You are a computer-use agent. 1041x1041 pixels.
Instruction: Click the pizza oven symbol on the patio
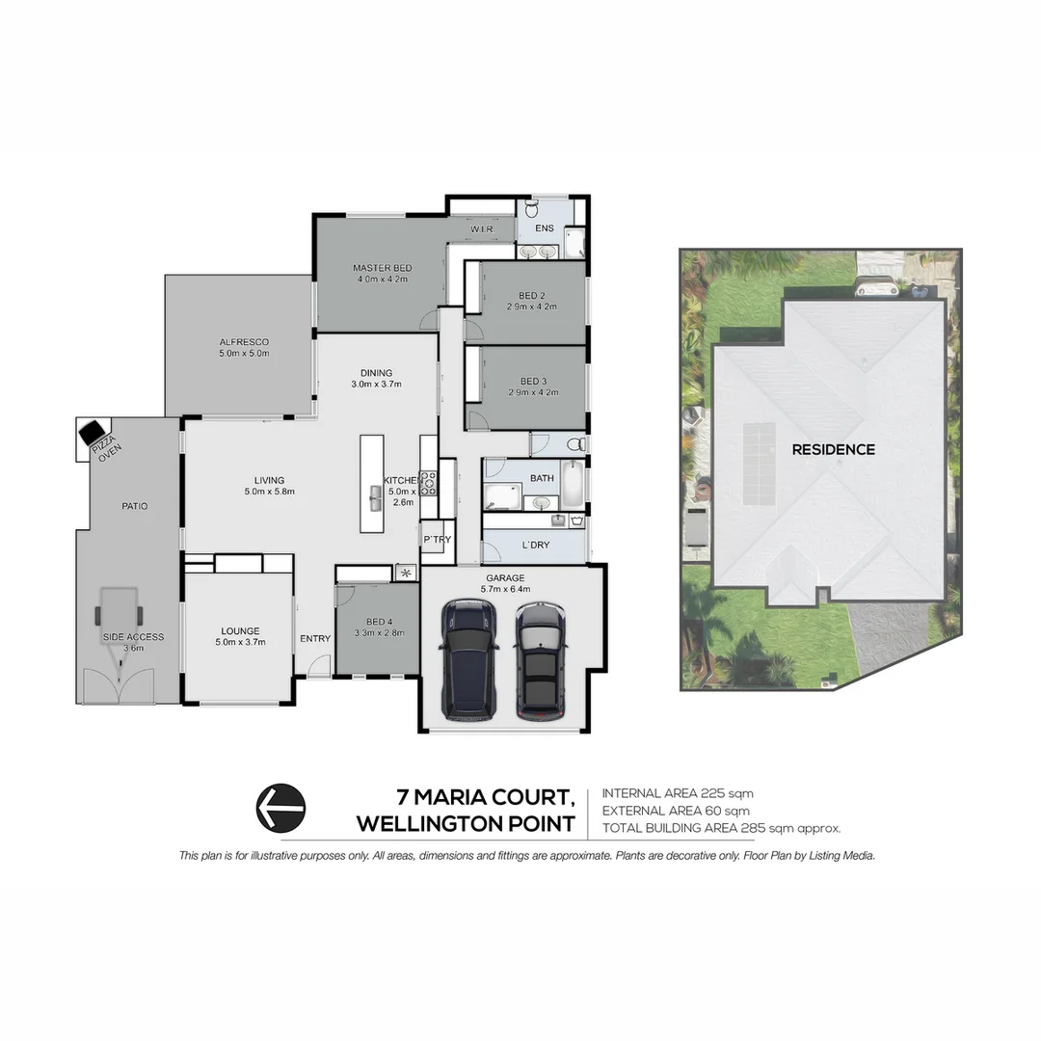(94, 433)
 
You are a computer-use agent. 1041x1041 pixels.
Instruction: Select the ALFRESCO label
(243, 341)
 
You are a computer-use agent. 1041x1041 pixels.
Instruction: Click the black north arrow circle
(280, 807)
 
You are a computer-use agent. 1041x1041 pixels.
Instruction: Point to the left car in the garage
(467, 659)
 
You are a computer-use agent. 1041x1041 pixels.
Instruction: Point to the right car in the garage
(540, 661)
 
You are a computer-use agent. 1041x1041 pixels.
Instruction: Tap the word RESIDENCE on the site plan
(833, 449)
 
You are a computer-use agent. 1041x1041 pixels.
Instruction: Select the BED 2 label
(532, 295)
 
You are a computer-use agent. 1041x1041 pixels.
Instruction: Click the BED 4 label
(377, 622)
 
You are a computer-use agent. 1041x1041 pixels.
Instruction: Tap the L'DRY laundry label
(536, 546)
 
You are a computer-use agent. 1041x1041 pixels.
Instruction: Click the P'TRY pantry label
(437, 540)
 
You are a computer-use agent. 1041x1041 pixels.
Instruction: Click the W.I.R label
(481, 228)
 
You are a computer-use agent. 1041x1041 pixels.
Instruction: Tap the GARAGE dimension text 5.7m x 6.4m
(505, 589)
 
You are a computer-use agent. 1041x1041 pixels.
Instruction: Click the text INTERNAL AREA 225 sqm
(677, 793)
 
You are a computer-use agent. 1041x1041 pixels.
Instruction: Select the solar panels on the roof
(759, 464)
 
